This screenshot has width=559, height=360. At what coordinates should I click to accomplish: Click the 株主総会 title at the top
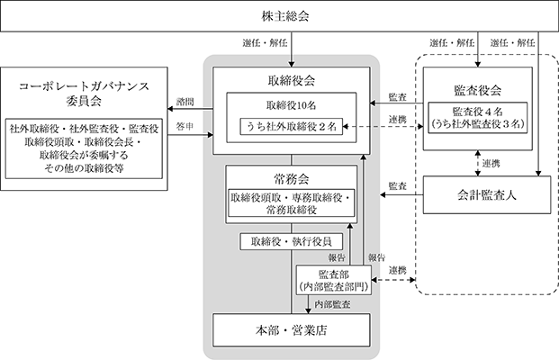(x=285, y=16)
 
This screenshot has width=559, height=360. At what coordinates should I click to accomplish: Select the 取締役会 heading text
(x=292, y=81)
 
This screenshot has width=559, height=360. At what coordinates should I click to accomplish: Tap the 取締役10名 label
(x=292, y=105)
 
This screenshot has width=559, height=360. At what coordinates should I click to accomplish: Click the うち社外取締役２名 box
(x=292, y=127)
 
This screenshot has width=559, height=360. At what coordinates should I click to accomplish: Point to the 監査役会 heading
(x=478, y=91)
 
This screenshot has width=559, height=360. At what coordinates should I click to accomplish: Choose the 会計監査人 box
(x=487, y=195)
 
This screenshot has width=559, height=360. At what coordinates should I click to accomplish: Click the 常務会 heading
(x=292, y=179)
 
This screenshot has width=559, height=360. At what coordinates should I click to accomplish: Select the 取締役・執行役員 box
(x=292, y=242)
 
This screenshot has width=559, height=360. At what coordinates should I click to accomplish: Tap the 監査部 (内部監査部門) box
(x=334, y=281)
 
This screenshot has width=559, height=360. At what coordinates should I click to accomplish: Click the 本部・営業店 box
(x=292, y=330)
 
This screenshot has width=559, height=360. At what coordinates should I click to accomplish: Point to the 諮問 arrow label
(x=185, y=102)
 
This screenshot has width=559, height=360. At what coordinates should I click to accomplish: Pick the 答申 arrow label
(x=185, y=127)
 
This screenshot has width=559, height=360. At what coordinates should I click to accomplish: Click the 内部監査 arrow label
(x=332, y=304)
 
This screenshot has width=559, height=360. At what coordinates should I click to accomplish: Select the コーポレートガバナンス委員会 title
(x=84, y=94)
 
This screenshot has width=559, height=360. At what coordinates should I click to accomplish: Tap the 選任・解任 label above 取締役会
(x=265, y=43)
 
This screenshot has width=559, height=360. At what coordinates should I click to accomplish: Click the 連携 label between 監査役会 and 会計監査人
(x=491, y=164)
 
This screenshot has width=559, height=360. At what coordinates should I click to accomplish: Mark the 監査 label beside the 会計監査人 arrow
(x=398, y=185)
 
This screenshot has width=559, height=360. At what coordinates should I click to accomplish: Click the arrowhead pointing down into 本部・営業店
(x=309, y=311)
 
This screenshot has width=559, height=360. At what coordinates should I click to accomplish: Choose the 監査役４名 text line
(x=478, y=112)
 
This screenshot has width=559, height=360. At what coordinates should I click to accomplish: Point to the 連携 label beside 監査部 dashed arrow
(x=398, y=271)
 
